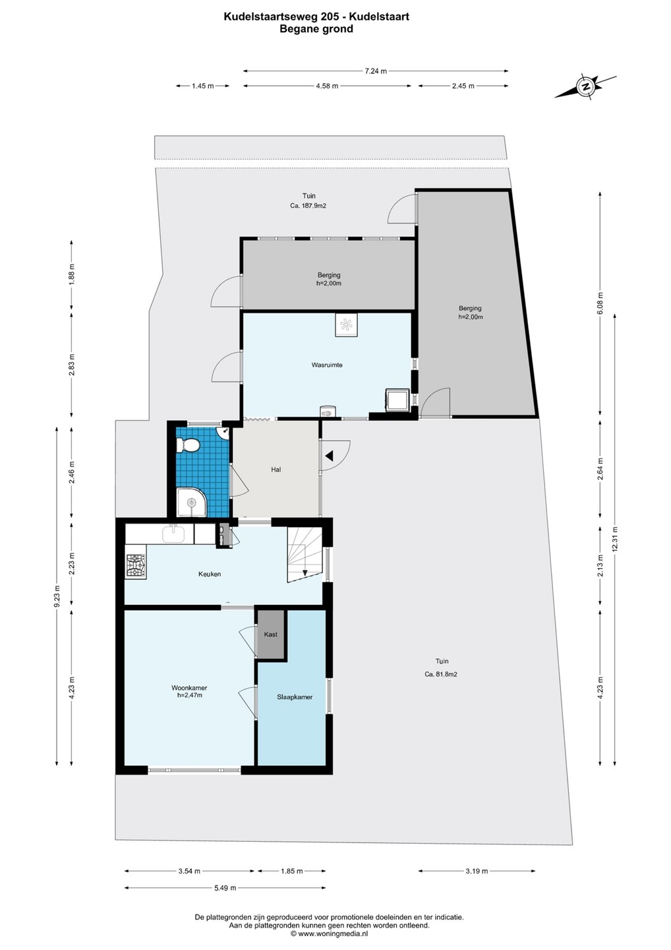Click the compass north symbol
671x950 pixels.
[x=586, y=86]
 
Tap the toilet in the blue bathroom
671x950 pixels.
[x=189, y=445]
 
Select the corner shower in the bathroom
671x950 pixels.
[x=191, y=503]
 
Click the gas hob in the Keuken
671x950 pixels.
[x=136, y=566]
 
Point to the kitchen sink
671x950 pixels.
[x=173, y=534]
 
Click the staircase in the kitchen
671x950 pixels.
[x=305, y=555]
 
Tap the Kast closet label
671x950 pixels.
[x=271, y=635]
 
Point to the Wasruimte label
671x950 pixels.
[x=327, y=365]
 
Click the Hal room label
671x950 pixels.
[x=276, y=470]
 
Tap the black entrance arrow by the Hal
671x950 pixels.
[x=330, y=457]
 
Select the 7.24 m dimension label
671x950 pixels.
[x=376, y=71]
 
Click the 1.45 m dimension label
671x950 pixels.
[x=203, y=86]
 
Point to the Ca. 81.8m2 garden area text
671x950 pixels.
[x=440, y=674]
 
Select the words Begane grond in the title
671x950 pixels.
[x=316, y=29]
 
